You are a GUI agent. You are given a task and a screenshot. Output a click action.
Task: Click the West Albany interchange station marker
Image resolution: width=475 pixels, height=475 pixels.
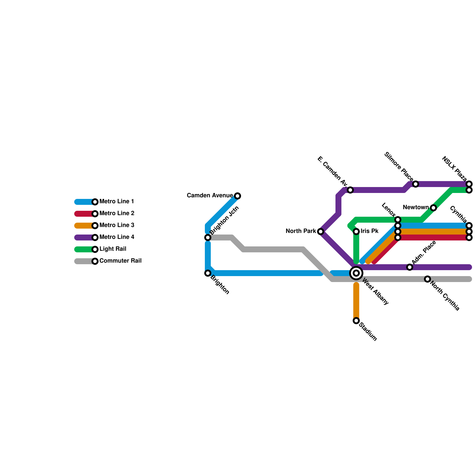click(356, 273)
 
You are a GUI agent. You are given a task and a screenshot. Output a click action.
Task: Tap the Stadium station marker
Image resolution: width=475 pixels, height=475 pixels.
click(356, 321)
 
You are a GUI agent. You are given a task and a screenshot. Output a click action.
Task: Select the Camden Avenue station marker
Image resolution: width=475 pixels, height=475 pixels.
click(237, 196)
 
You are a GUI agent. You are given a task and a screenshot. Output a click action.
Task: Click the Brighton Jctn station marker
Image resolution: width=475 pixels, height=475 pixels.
click(208, 237)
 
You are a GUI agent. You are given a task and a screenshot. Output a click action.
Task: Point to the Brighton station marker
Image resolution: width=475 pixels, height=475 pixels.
click(208, 273)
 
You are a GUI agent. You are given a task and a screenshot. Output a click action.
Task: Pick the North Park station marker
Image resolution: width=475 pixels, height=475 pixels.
click(321, 232)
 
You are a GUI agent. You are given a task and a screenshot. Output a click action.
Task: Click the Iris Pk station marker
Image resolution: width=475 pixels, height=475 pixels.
click(356, 232)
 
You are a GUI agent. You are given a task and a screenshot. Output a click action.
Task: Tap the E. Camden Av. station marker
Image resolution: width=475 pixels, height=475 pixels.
click(350, 190)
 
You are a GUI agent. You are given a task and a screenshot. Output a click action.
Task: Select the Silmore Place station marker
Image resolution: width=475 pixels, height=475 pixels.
click(416, 184)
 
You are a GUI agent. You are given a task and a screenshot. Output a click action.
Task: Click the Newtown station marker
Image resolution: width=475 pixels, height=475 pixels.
click(433, 208)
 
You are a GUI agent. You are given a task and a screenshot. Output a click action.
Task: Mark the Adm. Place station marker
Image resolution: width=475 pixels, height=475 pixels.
click(410, 267)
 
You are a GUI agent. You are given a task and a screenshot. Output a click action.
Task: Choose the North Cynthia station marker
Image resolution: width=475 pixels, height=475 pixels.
click(427, 279)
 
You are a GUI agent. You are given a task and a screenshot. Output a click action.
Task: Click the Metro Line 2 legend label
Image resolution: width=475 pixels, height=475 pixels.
click(117, 213)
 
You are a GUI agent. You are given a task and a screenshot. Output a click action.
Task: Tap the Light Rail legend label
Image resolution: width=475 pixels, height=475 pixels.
click(113, 249)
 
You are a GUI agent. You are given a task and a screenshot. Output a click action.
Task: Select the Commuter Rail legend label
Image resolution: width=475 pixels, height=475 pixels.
click(120, 261)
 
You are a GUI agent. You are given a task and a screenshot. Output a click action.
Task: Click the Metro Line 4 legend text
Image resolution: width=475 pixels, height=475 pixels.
click(117, 237)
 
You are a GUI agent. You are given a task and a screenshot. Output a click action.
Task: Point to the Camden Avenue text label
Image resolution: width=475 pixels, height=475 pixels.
click(210, 196)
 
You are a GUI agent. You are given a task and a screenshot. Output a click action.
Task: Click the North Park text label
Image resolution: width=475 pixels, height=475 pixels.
click(301, 231)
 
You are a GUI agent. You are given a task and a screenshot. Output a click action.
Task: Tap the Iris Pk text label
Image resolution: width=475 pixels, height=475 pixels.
click(370, 231)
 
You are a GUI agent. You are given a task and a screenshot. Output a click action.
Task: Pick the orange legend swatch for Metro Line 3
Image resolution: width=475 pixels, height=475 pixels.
click(84, 226)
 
